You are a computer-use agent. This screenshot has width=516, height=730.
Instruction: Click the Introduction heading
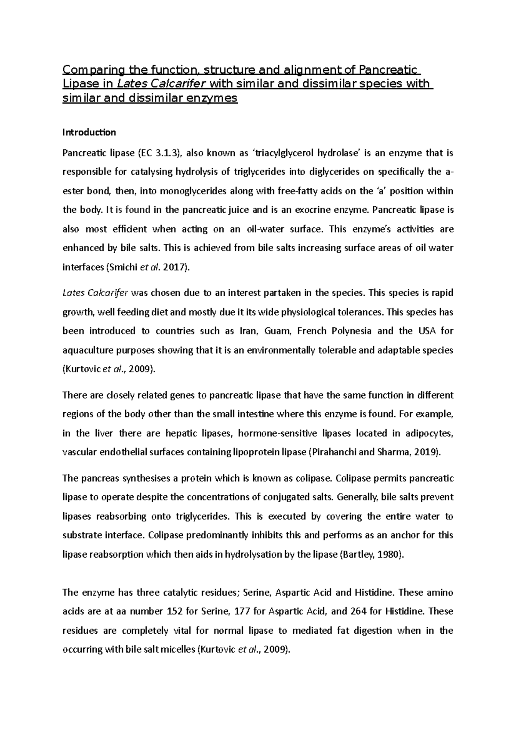tap(89, 132)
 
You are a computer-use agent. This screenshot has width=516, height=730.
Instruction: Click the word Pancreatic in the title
tap(388, 70)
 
